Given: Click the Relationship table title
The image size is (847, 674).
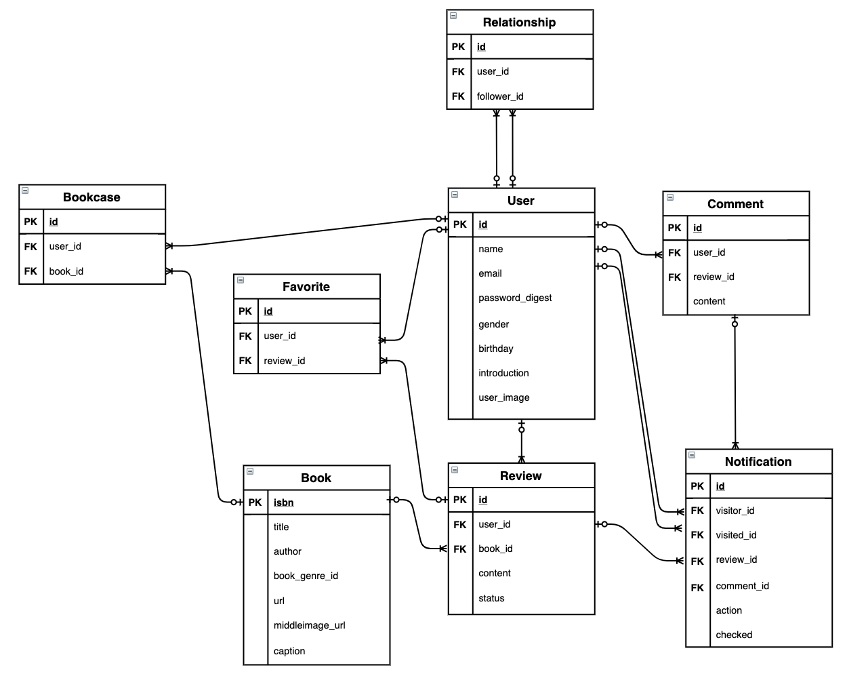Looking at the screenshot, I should (x=519, y=22).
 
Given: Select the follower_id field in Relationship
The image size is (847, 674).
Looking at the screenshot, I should (x=499, y=96).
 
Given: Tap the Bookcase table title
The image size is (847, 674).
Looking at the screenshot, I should (x=91, y=197).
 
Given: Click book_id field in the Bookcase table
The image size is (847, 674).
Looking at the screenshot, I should (x=66, y=271).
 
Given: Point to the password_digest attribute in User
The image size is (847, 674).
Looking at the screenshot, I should (x=515, y=298).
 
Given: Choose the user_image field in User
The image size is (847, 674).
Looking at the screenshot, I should (x=503, y=397).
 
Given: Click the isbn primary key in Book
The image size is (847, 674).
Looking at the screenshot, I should (x=283, y=502).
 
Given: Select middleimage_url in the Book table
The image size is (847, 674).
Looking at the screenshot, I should (x=309, y=625).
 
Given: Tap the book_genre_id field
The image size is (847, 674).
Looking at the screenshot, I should (x=306, y=576).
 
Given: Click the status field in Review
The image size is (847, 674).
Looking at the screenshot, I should (x=491, y=598).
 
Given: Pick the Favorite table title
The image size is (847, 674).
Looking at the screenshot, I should (x=306, y=287).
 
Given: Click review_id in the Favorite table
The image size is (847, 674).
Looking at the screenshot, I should (x=284, y=361).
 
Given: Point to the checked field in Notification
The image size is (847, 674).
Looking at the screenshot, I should (x=734, y=635).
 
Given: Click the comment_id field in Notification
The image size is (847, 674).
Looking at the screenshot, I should (x=742, y=586).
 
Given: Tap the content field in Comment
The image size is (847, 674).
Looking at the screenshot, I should (x=709, y=301).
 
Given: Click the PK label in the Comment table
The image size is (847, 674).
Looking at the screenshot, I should (x=674, y=228).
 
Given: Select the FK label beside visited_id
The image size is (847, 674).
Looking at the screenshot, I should (x=697, y=535).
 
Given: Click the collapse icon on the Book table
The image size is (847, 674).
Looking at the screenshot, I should (x=250, y=471).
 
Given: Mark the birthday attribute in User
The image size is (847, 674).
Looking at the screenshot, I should (x=495, y=349).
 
